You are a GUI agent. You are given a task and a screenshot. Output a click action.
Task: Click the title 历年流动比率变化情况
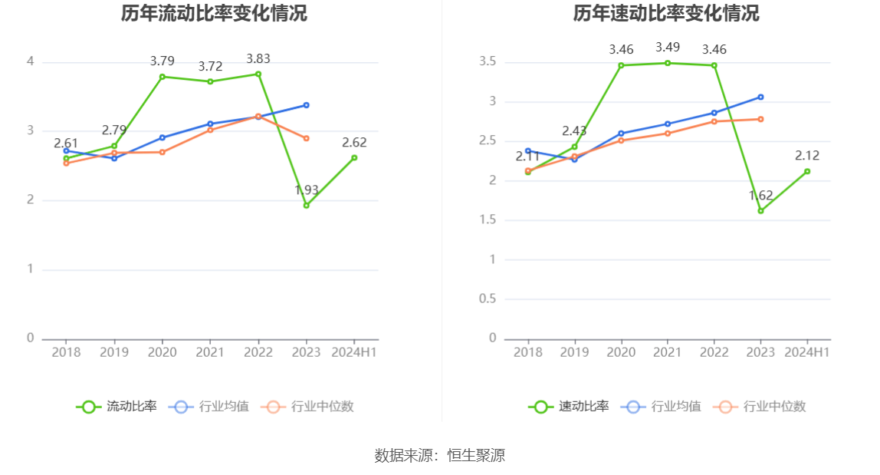214,14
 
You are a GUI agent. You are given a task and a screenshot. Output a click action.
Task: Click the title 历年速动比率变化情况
666,14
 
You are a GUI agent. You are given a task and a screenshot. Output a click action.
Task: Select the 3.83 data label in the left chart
258,59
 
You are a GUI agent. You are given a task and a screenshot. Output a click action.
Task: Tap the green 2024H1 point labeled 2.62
354,157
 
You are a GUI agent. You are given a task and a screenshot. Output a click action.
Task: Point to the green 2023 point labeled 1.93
306,205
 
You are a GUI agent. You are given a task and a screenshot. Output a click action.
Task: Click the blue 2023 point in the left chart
306,105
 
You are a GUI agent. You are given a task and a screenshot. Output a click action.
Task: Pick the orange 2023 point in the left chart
306,138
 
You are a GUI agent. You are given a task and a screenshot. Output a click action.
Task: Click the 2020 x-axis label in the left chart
162,352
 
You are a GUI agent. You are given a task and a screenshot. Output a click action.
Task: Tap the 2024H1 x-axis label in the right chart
807,352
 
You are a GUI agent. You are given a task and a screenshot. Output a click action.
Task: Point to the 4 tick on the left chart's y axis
31,61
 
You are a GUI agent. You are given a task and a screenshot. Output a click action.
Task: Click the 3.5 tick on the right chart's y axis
487,61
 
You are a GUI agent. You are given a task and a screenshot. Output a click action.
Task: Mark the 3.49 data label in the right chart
668,48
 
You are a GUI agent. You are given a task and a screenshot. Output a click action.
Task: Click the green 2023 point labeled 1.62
760,210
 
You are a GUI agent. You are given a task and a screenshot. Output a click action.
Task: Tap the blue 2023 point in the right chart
760,97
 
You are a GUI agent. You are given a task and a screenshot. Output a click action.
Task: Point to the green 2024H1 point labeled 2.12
807,171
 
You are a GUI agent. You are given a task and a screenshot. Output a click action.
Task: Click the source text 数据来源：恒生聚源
439,455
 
